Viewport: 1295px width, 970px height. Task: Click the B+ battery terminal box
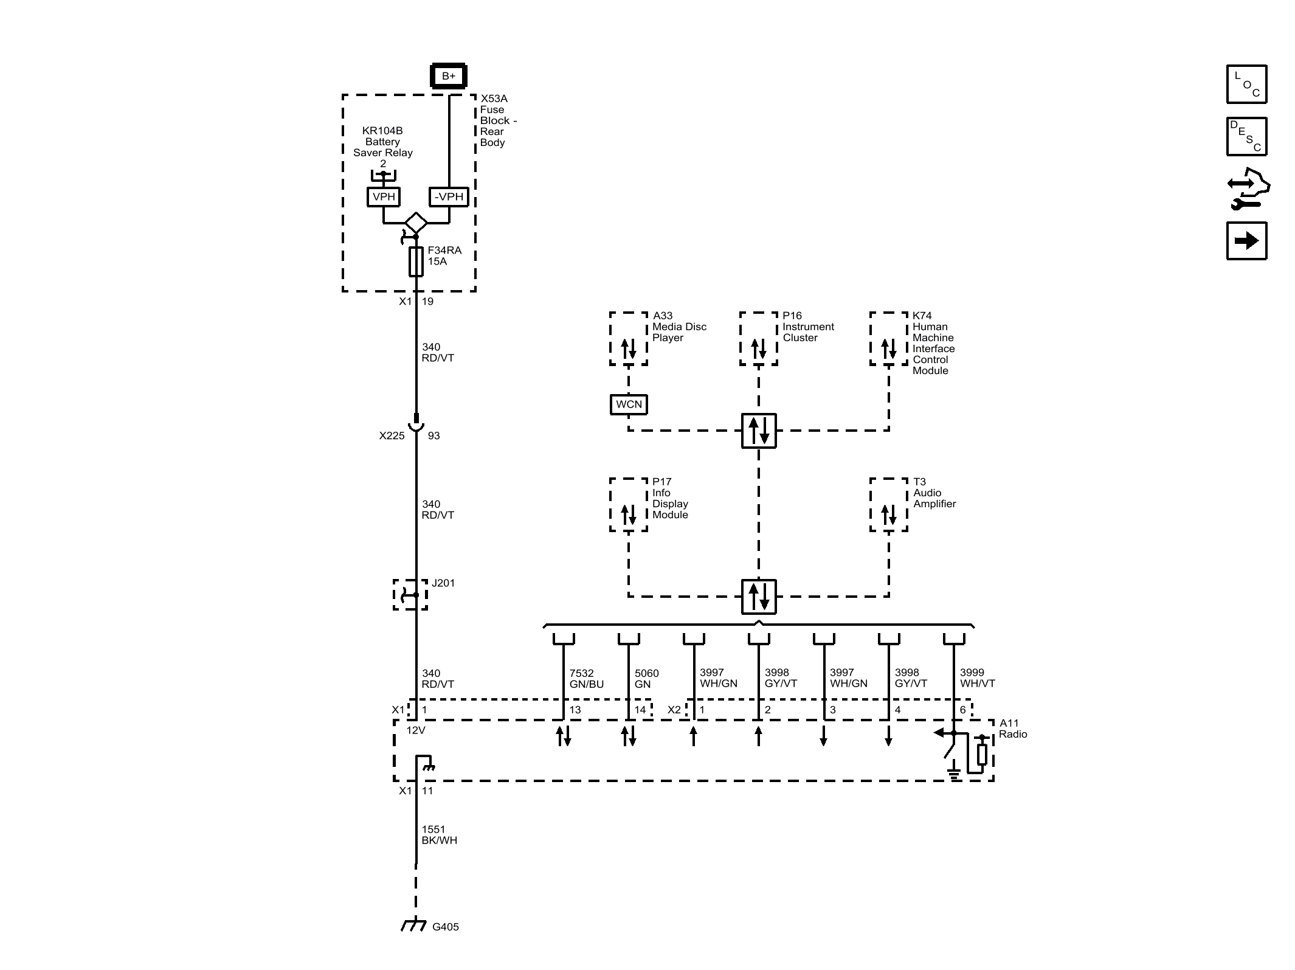(448, 76)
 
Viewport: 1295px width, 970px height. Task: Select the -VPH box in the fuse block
(449, 196)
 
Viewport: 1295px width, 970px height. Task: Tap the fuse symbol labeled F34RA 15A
(416, 262)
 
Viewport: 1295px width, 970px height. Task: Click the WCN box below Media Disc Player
(629, 404)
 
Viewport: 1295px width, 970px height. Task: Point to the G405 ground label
(445, 927)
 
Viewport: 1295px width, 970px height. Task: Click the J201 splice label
(443, 583)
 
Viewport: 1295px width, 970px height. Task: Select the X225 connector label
(392, 435)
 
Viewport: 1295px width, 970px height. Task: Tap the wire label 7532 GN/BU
(586, 678)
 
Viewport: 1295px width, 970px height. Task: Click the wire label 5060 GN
(646, 678)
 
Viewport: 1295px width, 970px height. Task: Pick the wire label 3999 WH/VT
(977, 677)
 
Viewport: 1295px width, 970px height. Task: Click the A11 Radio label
(1012, 729)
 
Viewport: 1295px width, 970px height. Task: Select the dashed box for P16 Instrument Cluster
(758, 339)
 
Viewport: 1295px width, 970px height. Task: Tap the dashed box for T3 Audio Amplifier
(888, 505)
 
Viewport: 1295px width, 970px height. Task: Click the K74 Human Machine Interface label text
(933, 343)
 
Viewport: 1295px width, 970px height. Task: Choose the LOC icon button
(1246, 84)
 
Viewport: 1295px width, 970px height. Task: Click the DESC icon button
(1246, 137)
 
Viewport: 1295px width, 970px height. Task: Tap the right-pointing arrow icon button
(1246, 241)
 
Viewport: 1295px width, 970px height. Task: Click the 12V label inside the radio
(415, 730)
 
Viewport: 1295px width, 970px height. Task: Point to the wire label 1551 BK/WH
(439, 834)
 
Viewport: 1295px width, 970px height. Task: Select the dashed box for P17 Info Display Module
(628, 505)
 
